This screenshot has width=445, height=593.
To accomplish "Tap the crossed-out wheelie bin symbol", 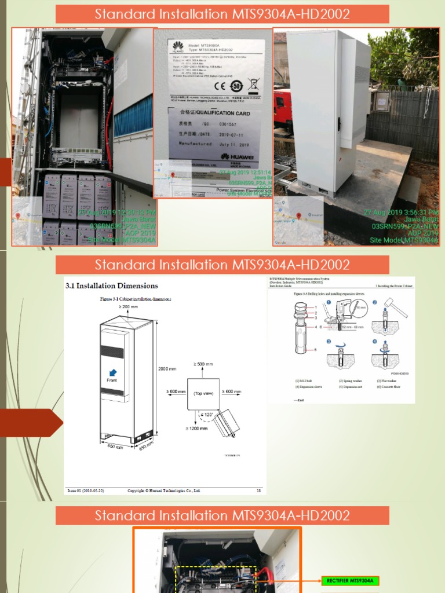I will click(253, 86).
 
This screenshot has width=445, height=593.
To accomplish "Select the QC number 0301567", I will click(210, 123).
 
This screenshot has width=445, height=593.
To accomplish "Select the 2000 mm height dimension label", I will click(167, 368).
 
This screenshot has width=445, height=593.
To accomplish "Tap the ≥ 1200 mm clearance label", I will click(197, 429).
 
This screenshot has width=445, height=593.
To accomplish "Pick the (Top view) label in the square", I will click(203, 393).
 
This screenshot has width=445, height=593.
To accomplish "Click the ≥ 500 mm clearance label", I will click(203, 364).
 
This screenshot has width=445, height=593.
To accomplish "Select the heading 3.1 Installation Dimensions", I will click(112, 285).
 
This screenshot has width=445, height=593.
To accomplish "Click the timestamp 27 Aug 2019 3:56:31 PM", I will click(401, 213).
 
